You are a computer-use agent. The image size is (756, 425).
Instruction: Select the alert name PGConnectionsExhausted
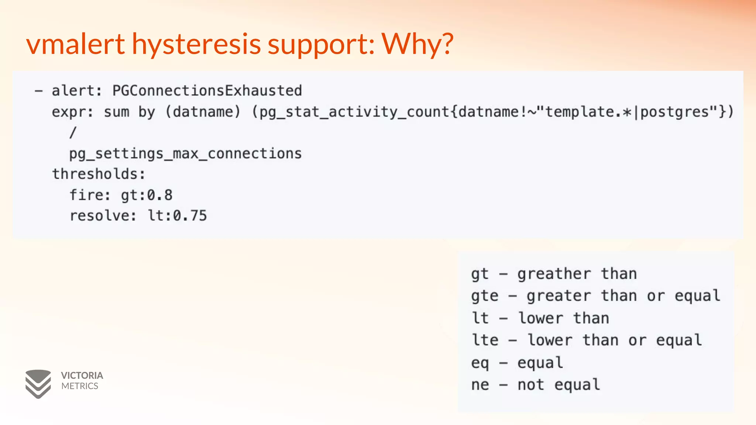click(207, 91)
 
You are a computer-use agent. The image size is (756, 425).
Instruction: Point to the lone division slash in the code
click(73, 132)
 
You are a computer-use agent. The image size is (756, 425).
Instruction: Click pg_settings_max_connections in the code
click(185, 153)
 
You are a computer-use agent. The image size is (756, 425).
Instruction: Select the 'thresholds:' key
click(99, 174)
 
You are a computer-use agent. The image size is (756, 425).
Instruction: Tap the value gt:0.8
click(147, 195)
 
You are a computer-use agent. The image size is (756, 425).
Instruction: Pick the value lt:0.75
click(177, 216)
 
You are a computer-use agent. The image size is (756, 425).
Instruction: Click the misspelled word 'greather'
click(554, 274)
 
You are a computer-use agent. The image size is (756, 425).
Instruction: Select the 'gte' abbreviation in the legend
click(485, 296)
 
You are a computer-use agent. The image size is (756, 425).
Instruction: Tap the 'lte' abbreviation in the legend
click(485, 340)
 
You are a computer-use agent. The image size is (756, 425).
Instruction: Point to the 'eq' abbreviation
click(480, 363)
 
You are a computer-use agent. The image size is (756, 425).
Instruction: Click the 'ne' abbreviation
click(480, 385)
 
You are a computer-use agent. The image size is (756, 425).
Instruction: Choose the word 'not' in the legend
click(531, 385)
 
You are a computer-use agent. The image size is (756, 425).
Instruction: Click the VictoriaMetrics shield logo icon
click(38, 384)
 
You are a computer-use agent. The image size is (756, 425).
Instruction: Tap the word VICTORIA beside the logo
click(82, 376)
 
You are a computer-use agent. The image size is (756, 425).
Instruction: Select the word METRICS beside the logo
click(80, 386)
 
